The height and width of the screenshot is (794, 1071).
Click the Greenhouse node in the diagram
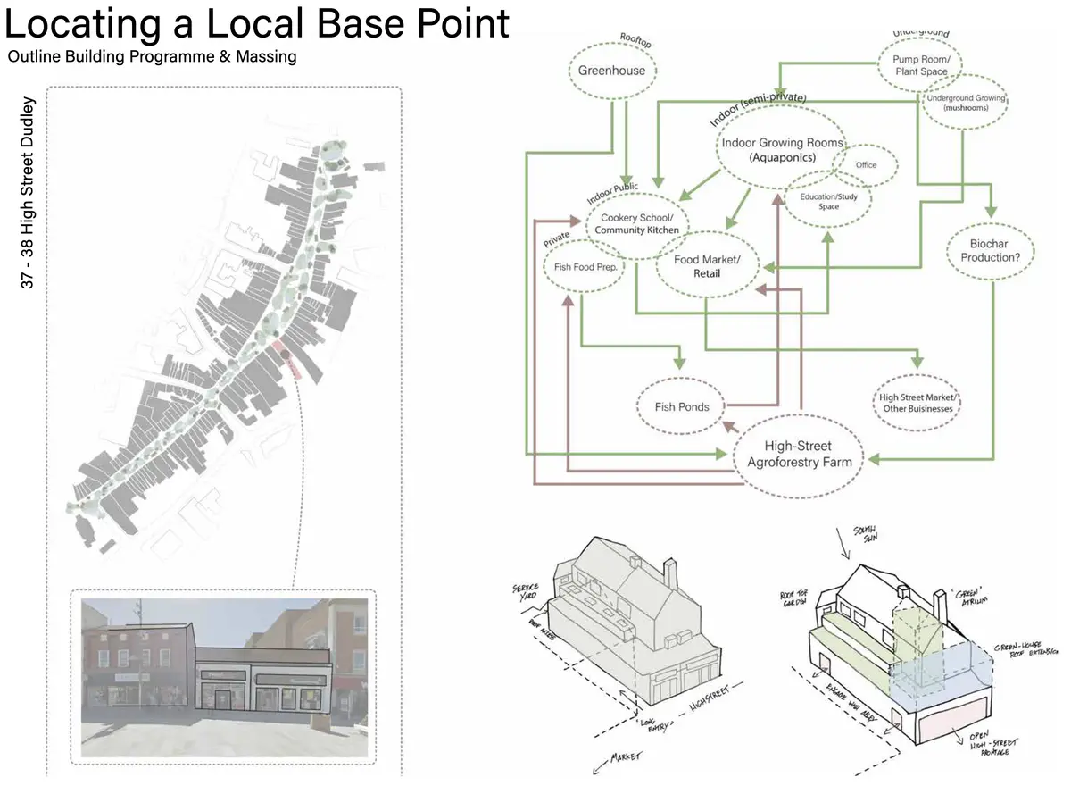click(x=611, y=71)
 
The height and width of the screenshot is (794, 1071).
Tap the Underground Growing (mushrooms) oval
click(x=965, y=103)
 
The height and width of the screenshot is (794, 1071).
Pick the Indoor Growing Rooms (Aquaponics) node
click(x=776, y=149)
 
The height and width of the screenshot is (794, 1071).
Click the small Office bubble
click(x=866, y=165)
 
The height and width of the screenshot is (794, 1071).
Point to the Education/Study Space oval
click(x=828, y=201)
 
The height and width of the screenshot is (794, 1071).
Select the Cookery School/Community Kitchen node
click(x=636, y=224)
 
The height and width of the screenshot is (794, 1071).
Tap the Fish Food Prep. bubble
click(x=585, y=266)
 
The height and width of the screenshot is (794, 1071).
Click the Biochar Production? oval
click(x=996, y=250)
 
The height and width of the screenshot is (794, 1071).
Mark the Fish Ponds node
click(x=682, y=407)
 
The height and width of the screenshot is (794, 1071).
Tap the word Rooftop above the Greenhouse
click(x=637, y=38)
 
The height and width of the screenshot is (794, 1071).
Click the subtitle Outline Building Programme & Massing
click(x=152, y=57)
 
